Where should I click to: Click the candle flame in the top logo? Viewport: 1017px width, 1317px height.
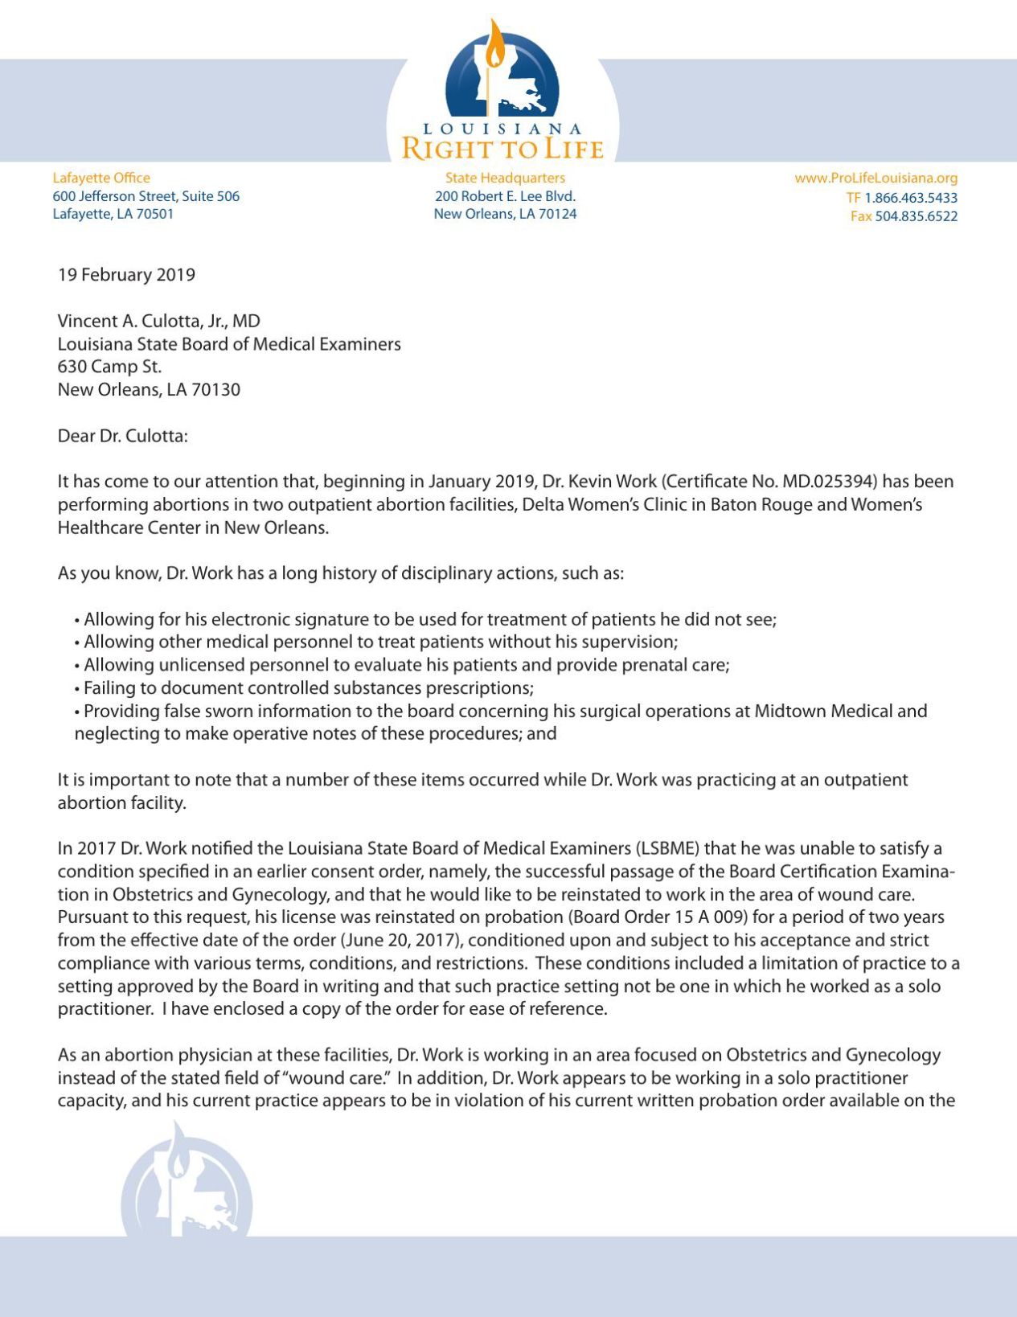[496, 46]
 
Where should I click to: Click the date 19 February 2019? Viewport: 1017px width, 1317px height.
[126, 275]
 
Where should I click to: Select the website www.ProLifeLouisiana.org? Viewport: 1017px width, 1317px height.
[876, 178]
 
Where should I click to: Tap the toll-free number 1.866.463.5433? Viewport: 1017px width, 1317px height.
[910, 198]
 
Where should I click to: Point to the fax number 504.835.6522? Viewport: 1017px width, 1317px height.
[916, 216]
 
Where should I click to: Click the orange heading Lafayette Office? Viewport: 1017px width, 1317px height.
[101, 178]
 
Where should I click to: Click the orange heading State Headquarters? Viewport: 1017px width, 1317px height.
[505, 178]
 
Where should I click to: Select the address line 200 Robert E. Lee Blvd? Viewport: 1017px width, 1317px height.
[505, 196]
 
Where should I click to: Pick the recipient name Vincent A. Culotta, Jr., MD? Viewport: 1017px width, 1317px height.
[158, 322]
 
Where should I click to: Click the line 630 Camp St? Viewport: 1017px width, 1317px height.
[109, 367]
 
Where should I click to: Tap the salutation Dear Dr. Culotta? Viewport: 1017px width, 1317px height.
[122, 436]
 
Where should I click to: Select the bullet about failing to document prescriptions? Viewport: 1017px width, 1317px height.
[308, 688]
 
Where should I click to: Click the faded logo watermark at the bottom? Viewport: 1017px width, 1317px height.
[187, 1186]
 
